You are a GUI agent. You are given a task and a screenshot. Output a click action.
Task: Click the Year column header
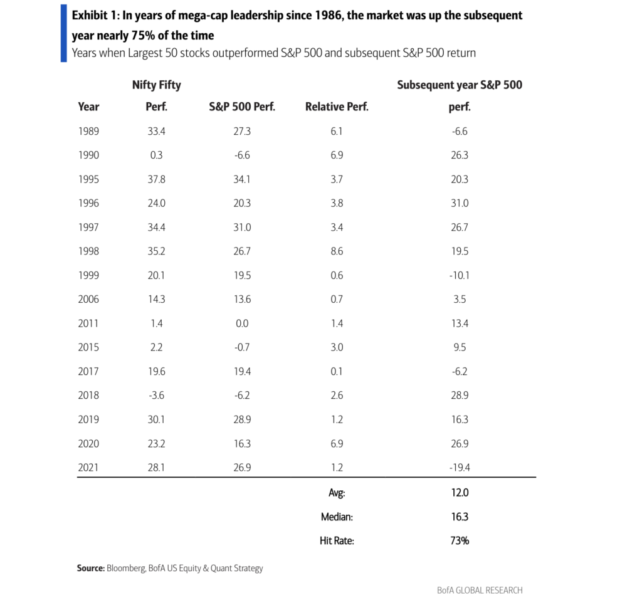[x=88, y=107]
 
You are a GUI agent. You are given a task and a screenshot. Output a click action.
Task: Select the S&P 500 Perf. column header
[x=242, y=107]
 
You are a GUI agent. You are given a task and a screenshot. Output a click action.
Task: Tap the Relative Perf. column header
[x=337, y=107]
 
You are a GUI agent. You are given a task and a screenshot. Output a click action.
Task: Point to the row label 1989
[x=88, y=132]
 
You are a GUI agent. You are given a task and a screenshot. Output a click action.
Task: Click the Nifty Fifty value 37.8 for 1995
[x=156, y=179]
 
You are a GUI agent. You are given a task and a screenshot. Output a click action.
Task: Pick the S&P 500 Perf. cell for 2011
[x=242, y=324]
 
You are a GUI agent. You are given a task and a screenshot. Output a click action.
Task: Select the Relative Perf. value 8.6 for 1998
[x=337, y=251]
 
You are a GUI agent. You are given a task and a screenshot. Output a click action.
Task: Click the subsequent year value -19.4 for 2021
[x=460, y=468]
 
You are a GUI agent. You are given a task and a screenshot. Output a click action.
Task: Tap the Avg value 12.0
[x=460, y=493]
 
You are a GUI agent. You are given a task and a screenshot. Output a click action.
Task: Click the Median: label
[x=337, y=517]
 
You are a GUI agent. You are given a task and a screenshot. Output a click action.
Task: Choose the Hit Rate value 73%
[x=460, y=541]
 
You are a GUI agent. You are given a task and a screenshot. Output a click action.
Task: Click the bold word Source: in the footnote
[x=91, y=569]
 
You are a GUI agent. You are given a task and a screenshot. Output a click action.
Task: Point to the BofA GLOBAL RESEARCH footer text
[x=480, y=590]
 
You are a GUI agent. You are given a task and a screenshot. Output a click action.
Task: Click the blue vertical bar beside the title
[x=63, y=33]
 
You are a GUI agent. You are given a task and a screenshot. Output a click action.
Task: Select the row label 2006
[x=88, y=299]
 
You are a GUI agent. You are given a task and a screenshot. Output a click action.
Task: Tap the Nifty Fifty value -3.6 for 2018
[x=156, y=396]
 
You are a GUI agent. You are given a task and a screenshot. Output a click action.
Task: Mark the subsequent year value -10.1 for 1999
[x=460, y=276]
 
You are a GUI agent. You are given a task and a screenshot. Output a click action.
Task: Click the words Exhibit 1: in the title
[x=95, y=16]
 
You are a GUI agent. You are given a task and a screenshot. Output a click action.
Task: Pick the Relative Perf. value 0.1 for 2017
[x=337, y=371]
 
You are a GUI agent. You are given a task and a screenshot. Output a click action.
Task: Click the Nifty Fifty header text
[x=156, y=85]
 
